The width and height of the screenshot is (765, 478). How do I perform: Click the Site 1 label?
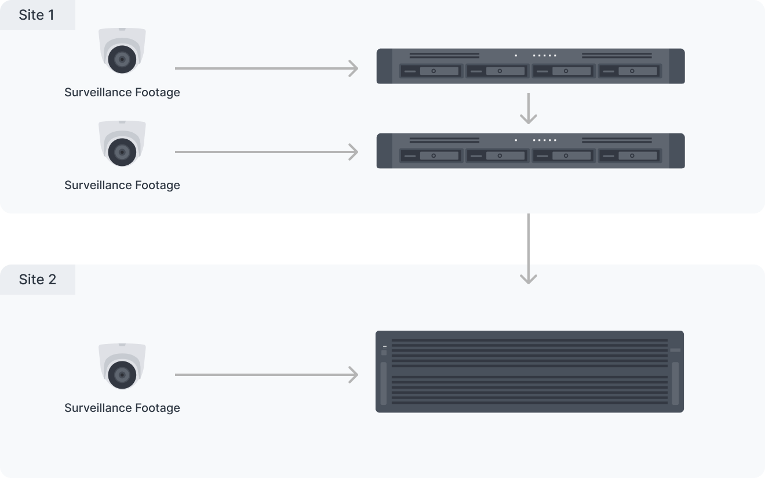coord(37,15)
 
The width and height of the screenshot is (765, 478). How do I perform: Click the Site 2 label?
coord(37,280)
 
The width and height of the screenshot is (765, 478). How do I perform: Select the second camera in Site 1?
coord(122,144)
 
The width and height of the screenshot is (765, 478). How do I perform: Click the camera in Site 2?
coord(122,367)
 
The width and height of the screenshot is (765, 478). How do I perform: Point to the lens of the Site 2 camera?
coord(122,375)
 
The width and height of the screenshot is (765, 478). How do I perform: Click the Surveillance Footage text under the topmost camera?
coord(122,92)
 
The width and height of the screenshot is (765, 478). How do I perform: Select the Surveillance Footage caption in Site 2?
coord(122,408)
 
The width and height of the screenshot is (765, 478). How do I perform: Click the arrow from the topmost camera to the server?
coord(266,68)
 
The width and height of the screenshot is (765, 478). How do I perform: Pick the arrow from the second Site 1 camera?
coord(266,152)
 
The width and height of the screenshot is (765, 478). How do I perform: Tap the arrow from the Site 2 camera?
coord(266,375)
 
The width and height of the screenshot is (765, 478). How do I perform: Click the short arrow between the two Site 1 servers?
coord(528,108)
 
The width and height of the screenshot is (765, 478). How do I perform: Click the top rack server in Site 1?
coord(530,66)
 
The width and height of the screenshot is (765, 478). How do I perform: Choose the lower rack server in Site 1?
coord(530,151)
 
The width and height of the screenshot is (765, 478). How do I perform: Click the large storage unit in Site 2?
coord(529,371)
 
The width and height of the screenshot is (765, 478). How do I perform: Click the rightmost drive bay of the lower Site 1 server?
coord(629,156)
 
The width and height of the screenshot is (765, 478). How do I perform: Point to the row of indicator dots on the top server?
coord(544,56)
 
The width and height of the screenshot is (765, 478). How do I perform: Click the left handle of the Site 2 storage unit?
coord(383,384)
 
